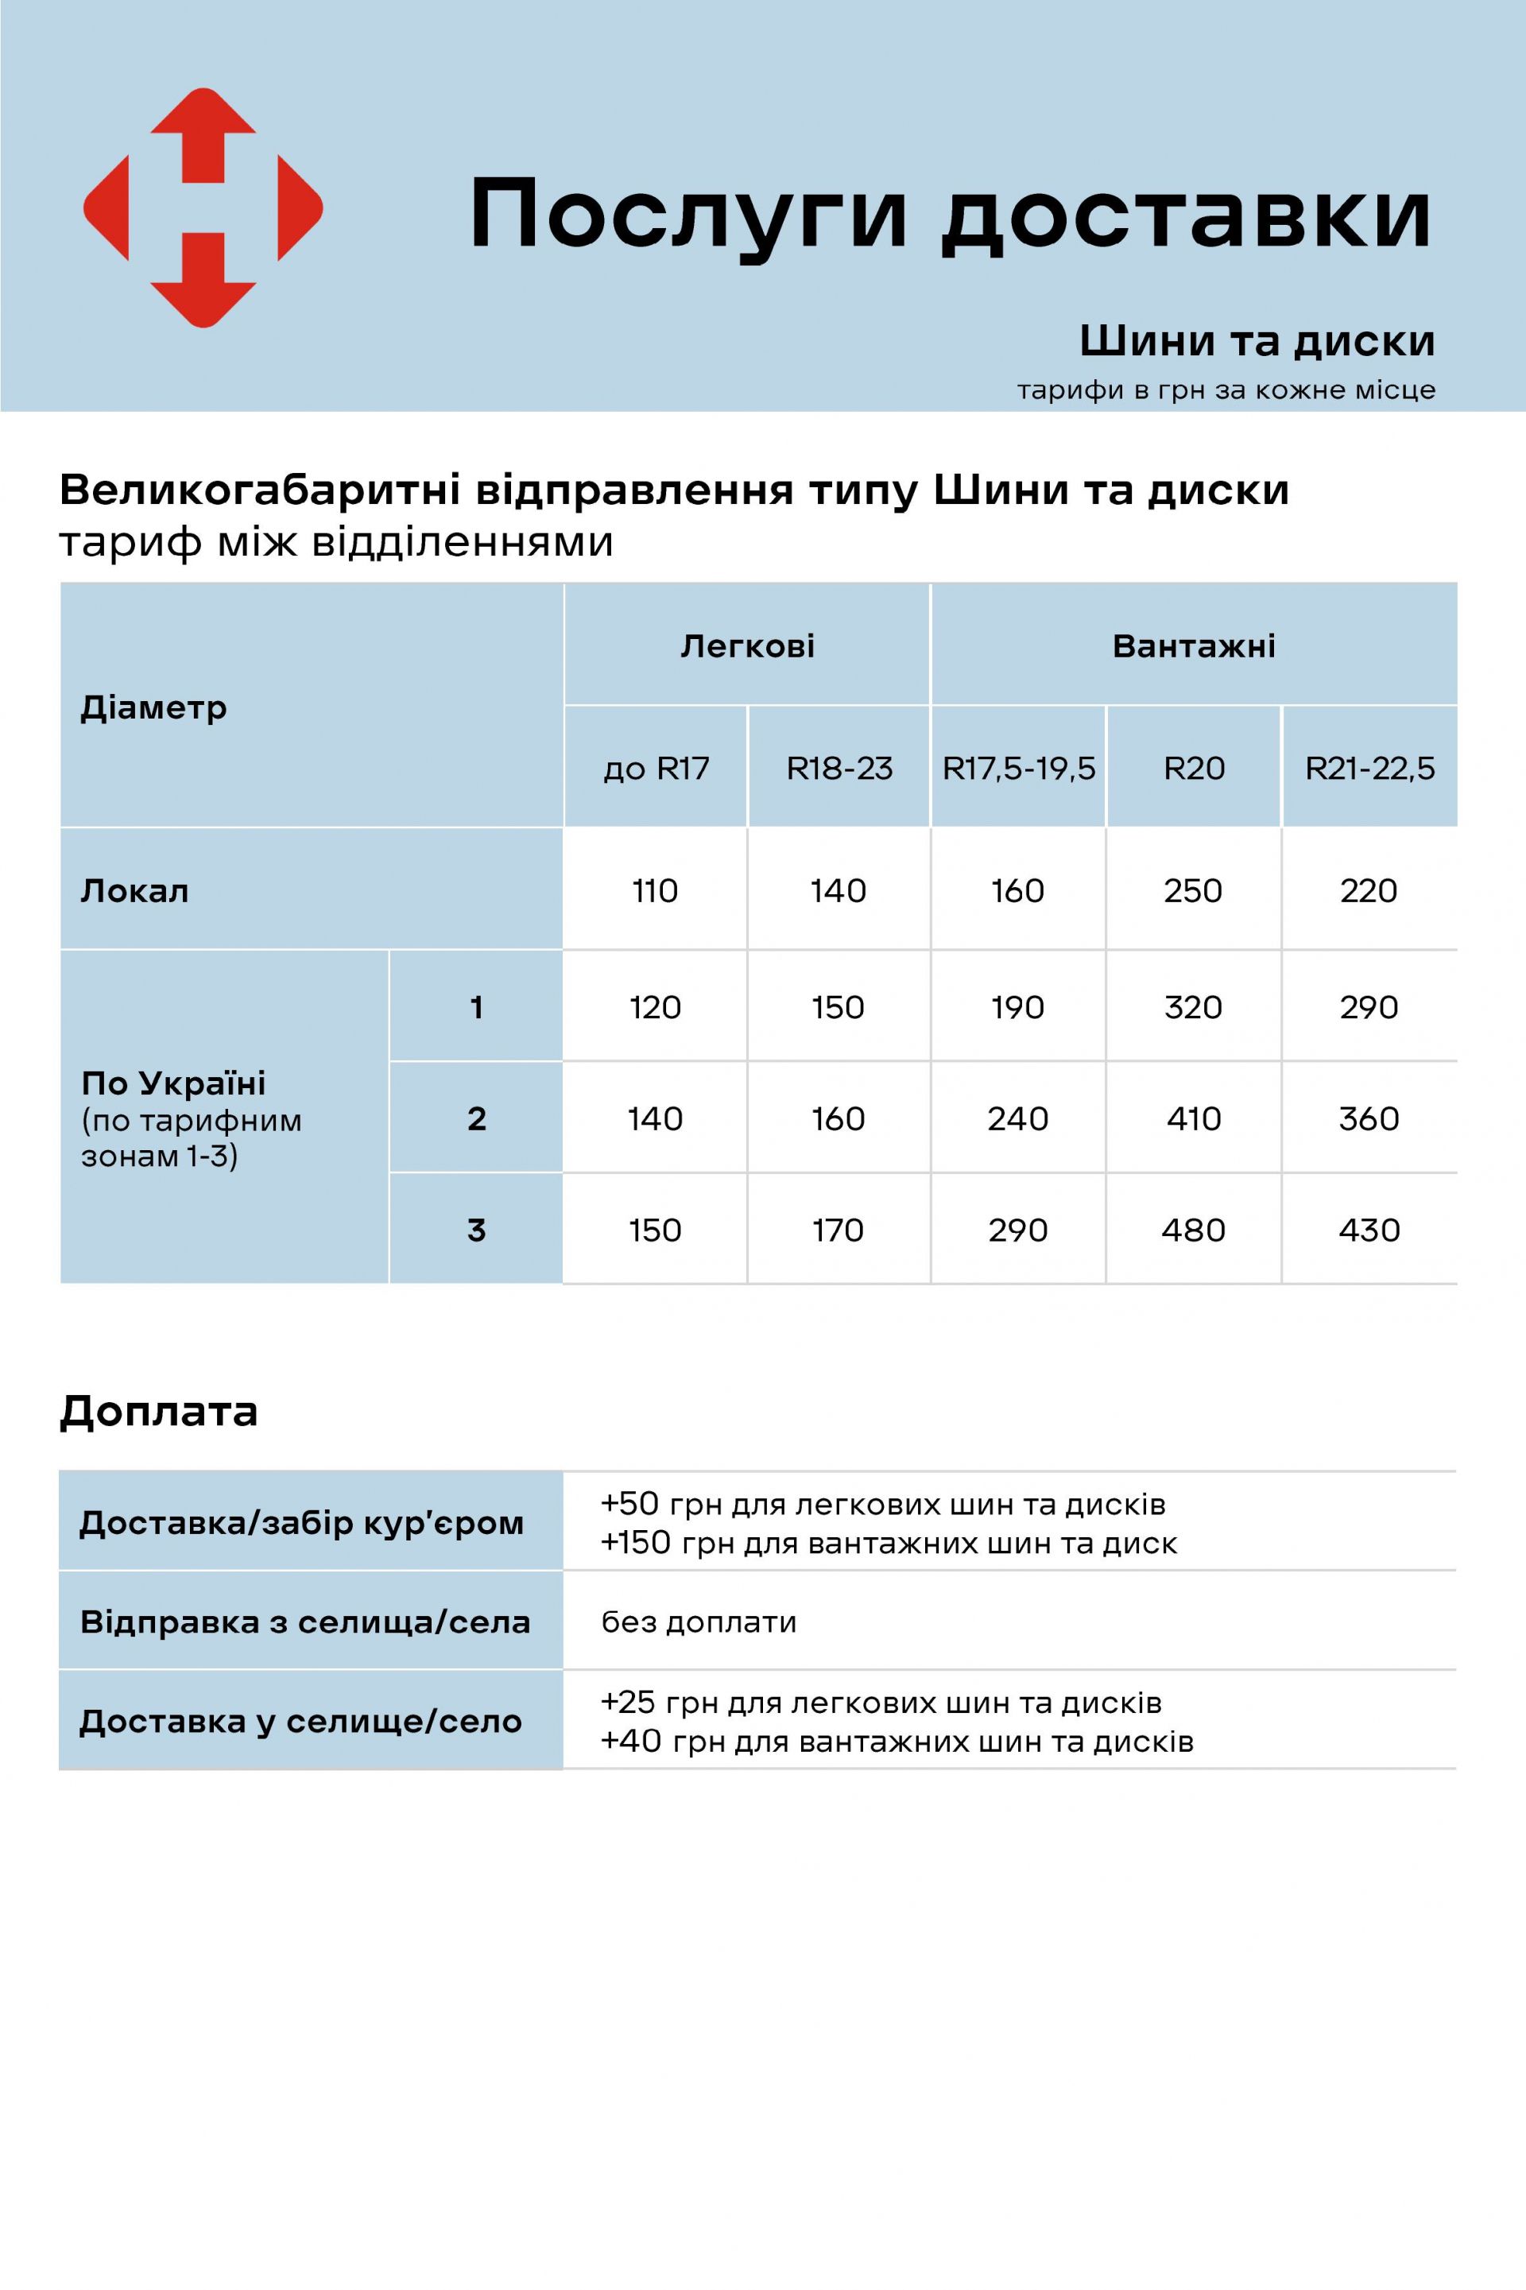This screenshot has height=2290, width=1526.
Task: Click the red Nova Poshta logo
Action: (203, 207)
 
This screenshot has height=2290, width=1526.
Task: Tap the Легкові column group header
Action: (747, 646)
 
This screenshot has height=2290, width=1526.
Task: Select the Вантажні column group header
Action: (1193, 646)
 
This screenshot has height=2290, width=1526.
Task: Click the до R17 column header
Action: (656, 769)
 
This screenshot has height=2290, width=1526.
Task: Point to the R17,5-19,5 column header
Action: (1018, 769)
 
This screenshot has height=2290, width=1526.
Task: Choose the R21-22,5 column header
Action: (1369, 769)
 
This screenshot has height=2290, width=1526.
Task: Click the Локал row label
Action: (134, 890)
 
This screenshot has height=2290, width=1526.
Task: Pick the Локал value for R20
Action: (1192, 890)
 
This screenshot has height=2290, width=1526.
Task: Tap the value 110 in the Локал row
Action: (654, 890)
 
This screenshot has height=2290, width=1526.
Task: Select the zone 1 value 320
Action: (1192, 1007)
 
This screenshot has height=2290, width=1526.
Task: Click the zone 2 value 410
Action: (1193, 1119)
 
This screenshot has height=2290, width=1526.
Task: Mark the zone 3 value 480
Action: (1193, 1230)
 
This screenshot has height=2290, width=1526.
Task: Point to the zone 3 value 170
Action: (837, 1230)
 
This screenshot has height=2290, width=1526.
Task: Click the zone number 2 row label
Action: (476, 1119)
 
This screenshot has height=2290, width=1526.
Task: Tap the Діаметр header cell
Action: (153, 707)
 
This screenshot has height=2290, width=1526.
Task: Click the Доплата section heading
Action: (159, 1411)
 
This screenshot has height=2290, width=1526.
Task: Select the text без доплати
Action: (699, 1622)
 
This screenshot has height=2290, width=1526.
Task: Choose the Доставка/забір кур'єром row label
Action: (302, 1523)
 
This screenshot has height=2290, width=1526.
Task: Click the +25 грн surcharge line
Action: (881, 1702)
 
